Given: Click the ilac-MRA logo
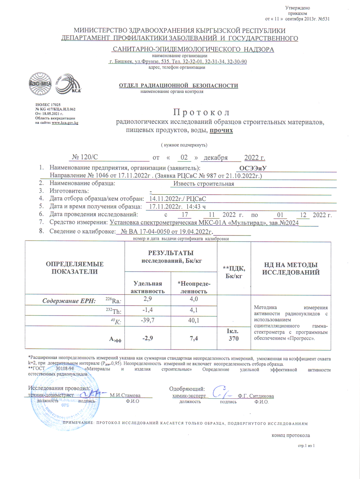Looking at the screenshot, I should click(x=40, y=84).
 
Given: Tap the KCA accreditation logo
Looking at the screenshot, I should click(x=68, y=84).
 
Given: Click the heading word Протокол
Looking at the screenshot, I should click(x=201, y=112).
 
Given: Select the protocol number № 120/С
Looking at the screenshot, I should click(x=85, y=157).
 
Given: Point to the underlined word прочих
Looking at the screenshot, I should click(x=221, y=130).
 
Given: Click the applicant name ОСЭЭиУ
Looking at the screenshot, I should click(x=253, y=168).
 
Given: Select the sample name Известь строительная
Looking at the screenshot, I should click(x=204, y=184).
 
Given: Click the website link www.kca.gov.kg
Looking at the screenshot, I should click(x=65, y=123).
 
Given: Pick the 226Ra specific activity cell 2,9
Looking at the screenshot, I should click(x=148, y=299).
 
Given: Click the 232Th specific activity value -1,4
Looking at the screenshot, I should click(x=148, y=310).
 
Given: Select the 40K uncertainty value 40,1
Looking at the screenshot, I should click(x=194, y=320).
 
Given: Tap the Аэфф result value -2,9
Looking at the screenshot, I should click(x=148, y=338).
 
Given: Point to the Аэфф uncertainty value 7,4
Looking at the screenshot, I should click(x=194, y=338).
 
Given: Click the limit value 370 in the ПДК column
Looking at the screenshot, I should click(x=234, y=338).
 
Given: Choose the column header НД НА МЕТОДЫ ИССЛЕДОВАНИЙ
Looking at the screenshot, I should click(x=291, y=269).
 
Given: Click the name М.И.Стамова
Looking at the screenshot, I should click(x=125, y=395).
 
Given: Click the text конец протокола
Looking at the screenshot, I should click(x=291, y=435).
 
